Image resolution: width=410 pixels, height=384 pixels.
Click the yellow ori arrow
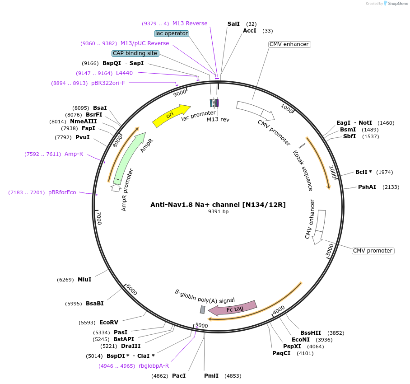(171, 116)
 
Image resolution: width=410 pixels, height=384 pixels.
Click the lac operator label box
(171, 33)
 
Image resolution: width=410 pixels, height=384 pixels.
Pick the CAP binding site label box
(135, 53)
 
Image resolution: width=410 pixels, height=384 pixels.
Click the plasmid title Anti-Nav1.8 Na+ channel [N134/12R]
(218, 205)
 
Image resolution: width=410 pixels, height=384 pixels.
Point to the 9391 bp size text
(218, 211)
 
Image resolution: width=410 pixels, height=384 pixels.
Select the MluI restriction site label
(84, 280)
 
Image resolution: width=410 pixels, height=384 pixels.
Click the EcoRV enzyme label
(108, 323)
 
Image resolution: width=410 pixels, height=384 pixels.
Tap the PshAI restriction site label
(367, 187)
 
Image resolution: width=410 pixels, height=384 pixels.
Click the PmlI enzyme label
(211, 376)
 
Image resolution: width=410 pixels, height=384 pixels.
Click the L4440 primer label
(124, 73)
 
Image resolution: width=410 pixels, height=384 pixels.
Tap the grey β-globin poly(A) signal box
(203, 309)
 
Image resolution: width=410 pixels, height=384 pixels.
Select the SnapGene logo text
(397, 3)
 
